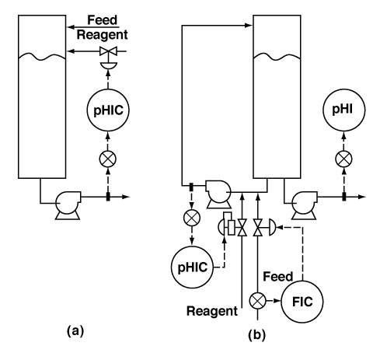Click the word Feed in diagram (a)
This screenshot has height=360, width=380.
[103, 20]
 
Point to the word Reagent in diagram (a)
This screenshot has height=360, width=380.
[103, 35]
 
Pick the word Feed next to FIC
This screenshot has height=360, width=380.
[277, 277]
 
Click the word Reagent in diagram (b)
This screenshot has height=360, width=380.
[212, 311]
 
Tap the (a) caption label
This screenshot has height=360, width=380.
[75, 331]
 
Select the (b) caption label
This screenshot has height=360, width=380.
[256, 335]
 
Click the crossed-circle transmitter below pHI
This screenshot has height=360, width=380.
[343, 159]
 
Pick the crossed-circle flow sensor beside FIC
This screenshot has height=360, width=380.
[257, 301]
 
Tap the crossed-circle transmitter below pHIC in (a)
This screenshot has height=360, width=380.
[108, 159]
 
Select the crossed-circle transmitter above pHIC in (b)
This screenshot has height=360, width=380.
[192, 218]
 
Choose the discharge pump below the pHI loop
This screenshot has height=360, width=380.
[304, 205]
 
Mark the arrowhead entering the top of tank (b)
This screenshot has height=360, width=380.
[249, 26]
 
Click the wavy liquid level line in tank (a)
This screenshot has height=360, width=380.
[42, 57]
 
